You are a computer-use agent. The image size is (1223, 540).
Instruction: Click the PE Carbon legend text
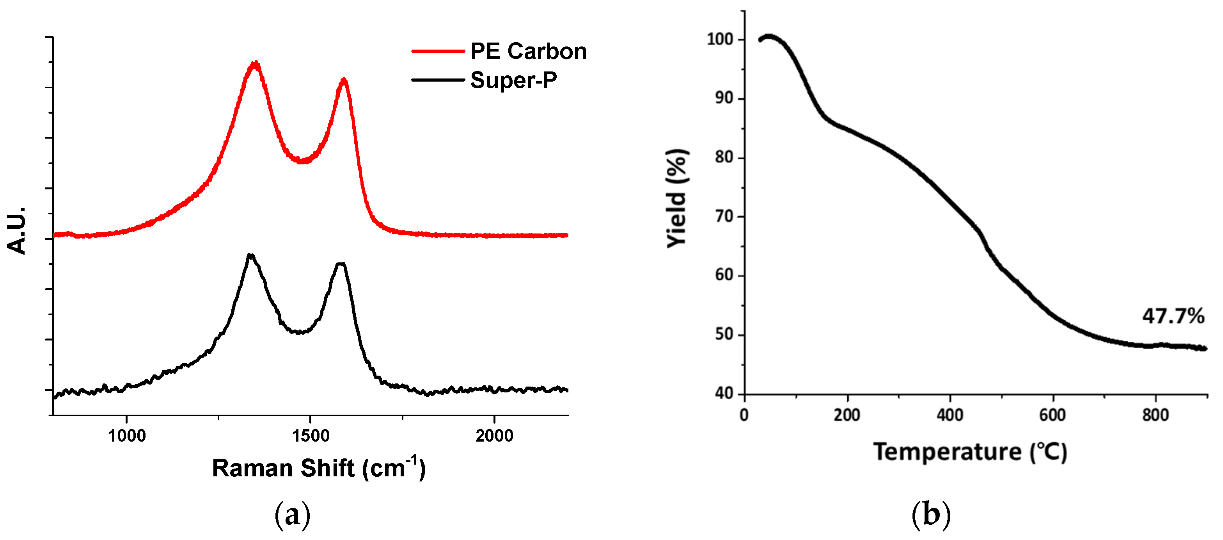point(528,51)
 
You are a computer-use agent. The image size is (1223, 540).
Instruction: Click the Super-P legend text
point(513,80)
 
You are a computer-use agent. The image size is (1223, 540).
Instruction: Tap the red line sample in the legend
point(437,51)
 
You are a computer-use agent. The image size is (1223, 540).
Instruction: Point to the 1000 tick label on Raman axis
point(127,435)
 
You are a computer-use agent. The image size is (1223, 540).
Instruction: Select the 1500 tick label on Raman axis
point(311,435)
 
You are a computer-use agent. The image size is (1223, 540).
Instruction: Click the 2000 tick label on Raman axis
point(494,435)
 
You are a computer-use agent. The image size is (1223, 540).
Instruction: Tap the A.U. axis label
point(17,230)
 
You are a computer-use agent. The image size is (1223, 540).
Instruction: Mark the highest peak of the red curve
point(256,64)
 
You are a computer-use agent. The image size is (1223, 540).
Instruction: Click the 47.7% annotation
point(1173,316)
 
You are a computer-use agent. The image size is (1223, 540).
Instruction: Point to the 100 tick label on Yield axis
point(720,39)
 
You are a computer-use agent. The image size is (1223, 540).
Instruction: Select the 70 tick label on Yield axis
point(724,217)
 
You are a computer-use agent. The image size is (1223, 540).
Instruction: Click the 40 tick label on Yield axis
point(724,394)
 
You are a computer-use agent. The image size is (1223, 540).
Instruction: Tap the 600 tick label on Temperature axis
point(1053,415)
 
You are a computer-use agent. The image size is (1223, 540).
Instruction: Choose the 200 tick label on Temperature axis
point(847,415)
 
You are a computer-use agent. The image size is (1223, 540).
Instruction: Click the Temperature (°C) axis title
point(970,452)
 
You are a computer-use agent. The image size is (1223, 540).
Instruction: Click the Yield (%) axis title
point(677,198)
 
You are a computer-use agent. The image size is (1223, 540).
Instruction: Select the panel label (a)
point(293,515)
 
